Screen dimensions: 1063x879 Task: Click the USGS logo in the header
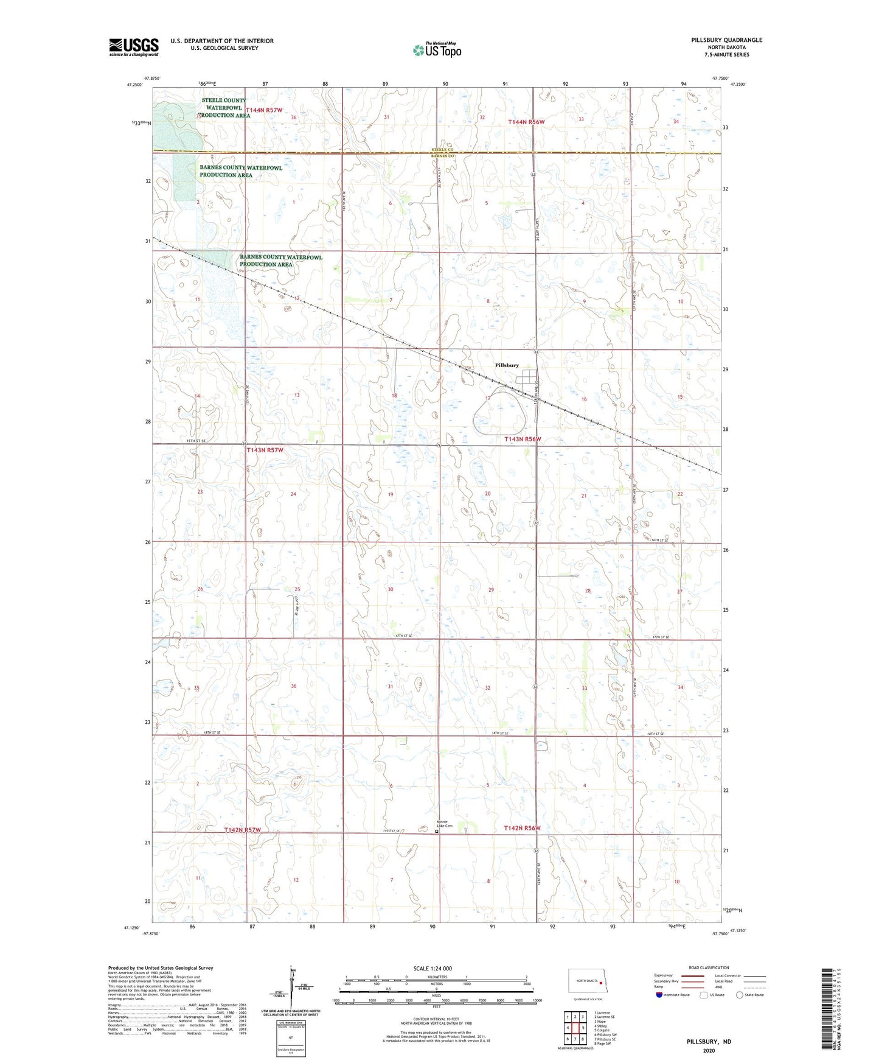coord(134,47)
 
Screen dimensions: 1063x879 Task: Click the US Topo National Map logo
coord(437,49)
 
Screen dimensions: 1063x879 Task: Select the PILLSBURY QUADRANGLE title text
coord(726,40)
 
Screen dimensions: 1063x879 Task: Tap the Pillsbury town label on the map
coord(507,365)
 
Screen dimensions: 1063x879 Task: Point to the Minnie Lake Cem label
coord(443,824)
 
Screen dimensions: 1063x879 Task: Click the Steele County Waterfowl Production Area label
coord(224,108)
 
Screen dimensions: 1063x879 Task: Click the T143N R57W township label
coord(265,450)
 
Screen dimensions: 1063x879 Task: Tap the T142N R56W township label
coord(522,828)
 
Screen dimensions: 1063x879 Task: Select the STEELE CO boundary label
coord(442,149)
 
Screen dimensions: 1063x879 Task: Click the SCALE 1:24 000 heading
coord(436,969)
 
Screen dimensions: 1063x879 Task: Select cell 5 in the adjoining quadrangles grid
coord(583,1028)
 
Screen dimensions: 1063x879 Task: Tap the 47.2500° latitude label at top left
coord(135,85)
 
